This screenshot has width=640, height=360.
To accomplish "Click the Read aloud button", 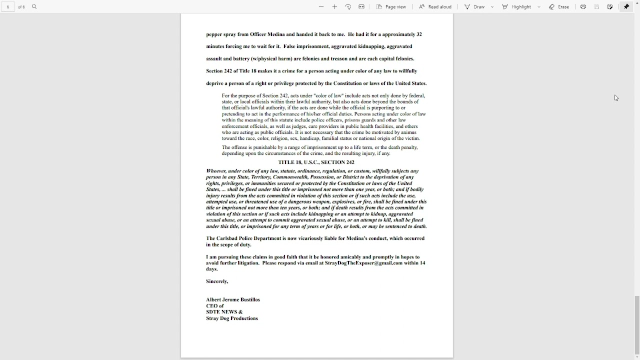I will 435,7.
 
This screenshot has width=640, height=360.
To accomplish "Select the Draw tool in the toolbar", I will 474,7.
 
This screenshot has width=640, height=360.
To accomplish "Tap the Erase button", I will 559,7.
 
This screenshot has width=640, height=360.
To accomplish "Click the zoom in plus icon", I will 334,7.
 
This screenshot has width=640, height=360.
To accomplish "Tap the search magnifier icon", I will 34,7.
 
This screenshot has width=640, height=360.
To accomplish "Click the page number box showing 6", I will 8,7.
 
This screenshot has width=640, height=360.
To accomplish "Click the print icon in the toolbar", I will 583,7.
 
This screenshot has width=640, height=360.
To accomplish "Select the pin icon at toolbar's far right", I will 626,7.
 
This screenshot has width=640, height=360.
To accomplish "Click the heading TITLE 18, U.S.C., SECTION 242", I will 316,162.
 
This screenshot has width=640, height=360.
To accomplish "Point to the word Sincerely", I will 217,281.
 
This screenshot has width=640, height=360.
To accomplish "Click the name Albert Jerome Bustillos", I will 233,299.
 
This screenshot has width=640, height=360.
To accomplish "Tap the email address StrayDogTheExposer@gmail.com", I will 363,263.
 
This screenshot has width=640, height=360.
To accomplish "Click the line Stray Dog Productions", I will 232,318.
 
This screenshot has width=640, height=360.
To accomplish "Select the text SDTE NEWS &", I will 224,312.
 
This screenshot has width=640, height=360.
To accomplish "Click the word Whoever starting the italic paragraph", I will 216,171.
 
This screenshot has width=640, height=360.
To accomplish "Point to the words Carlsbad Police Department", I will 248,238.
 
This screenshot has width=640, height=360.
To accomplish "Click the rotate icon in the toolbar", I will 348,7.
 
